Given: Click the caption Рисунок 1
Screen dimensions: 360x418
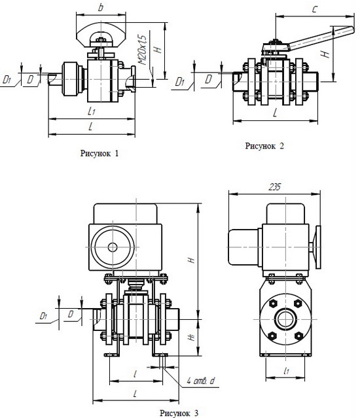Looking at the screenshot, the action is pyautogui.click(x=99, y=153).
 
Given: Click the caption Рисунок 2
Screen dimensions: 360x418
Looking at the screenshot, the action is pyautogui.click(x=264, y=146).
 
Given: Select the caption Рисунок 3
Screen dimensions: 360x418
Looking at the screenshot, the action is pyautogui.click(x=179, y=413).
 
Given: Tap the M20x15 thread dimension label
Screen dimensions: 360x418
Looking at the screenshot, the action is pyautogui.click(x=143, y=50).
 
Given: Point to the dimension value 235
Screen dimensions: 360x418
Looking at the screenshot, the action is pyautogui.click(x=274, y=187).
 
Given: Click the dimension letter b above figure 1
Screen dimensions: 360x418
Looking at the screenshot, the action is pyautogui.click(x=101, y=7).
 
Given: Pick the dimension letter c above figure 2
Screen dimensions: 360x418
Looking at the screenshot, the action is pyautogui.click(x=315, y=10).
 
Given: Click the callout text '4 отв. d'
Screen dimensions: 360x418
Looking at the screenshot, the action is pyautogui.click(x=200, y=381).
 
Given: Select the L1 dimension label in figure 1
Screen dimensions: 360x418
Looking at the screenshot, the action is pyautogui.click(x=91, y=111).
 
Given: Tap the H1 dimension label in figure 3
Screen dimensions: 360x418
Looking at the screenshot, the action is pyautogui.click(x=192, y=338).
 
